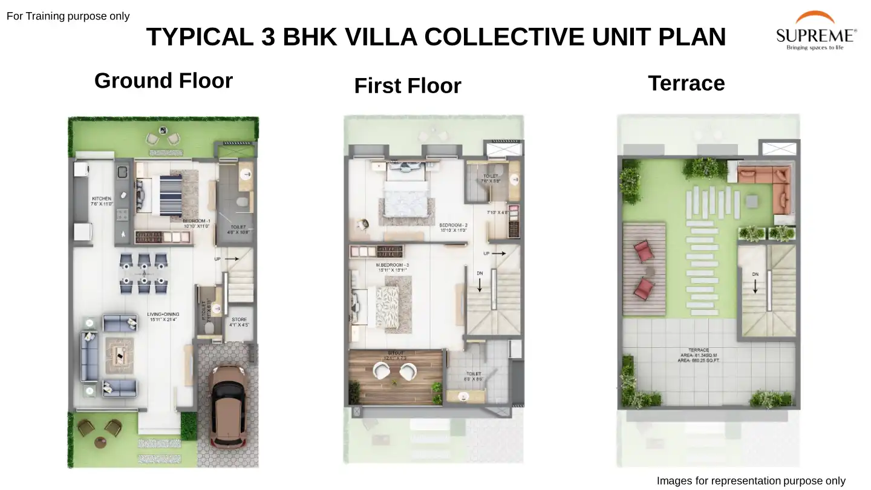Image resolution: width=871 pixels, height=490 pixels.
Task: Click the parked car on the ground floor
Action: (x=226, y=405)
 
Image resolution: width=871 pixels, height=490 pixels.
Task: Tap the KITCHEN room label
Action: (x=102, y=201)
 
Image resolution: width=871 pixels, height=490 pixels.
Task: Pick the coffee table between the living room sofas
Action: (x=120, y=356)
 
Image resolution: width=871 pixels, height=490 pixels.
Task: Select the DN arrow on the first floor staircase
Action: (x=480, y=281)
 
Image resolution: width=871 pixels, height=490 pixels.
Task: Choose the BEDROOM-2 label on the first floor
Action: (x=454, y=227)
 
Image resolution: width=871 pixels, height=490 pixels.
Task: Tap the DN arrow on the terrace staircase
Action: (x=755, y=282)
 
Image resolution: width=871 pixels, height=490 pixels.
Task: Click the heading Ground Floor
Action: (x=163, y=80)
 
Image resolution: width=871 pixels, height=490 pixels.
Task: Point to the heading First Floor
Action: (x=407, y=86)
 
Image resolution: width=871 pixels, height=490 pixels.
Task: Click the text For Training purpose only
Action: (x=68, y=16)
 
